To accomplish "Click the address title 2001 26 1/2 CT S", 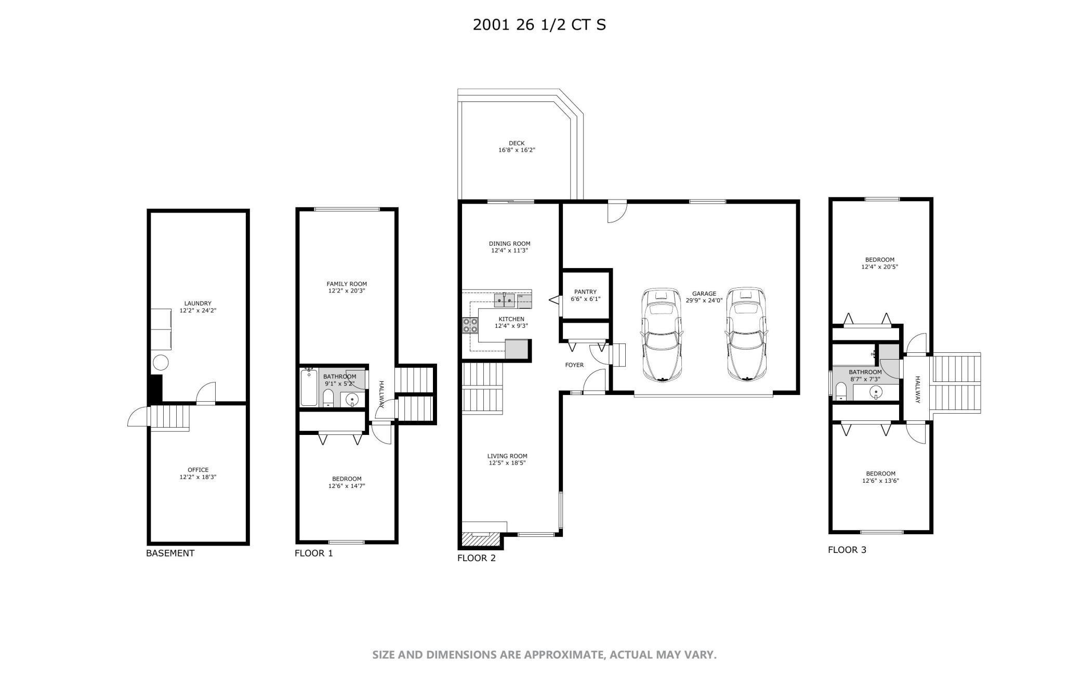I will [539, 24].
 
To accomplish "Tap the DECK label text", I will [516, 143].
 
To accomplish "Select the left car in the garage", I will [661, 335].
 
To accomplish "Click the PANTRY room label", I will [585, 292].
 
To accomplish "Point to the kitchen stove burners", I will [470, 325].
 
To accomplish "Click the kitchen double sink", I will [504, 300].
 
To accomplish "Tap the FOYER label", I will [574, 365].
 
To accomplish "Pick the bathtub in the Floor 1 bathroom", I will [309, 387].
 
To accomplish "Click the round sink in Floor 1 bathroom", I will [352, 400].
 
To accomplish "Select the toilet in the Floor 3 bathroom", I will [840, 391].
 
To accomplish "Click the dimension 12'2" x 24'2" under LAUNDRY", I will [197, 311].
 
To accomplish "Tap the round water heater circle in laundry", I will [160, 362].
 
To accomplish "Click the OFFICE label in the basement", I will [197, 470].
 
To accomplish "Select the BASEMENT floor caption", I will [170, 553].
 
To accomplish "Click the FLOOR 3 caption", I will [847, 550].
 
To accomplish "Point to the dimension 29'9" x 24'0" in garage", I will [704, 300].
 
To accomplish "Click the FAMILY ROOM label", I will [347, 284].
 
